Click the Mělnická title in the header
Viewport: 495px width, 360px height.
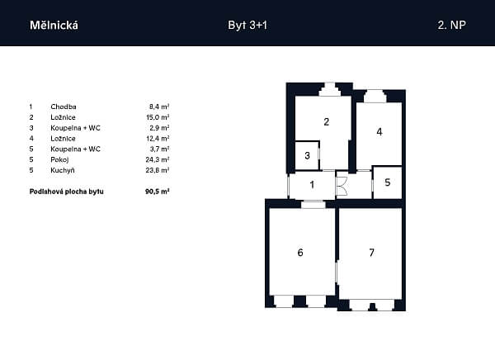pos(54,25)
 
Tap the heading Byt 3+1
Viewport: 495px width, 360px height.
pos(247,25)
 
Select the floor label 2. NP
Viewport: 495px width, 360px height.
pos(451,25)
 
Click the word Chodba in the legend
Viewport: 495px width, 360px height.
pos(64,107)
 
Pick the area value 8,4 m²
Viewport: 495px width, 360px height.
pos(159,107)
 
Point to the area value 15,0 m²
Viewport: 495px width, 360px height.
pos(158,117)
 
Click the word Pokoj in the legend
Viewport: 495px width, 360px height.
pos(59,159)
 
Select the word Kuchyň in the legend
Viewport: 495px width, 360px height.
pos(63,170)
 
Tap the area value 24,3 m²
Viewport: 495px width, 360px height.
pos(158,159)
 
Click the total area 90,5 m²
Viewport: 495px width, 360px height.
pos(158,192)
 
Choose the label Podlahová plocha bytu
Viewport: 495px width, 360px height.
pos(66,192)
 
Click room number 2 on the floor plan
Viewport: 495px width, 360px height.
pos(327,121)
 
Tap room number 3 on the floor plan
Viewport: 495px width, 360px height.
pos(307,155)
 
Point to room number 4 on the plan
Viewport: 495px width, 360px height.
pos(379,131)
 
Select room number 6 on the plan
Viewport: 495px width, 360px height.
pos(300,252)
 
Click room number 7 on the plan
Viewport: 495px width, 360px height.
pos(371,252)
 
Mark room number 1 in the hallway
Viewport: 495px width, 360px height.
pos(312,184)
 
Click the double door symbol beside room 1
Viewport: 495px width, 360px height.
pos(342,186)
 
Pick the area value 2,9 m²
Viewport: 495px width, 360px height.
pos(159,128)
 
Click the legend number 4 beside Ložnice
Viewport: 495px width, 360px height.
pos(31,139)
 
